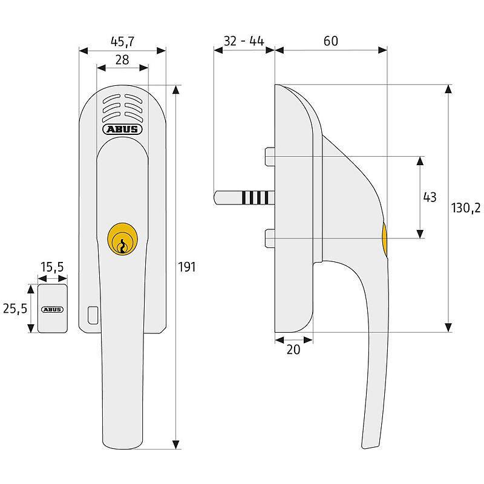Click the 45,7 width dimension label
tap(123, 42)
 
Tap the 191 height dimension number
tap(187, 267)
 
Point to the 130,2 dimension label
tap(466, 208)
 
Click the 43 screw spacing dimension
tap(430, 197)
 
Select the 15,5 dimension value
tap(52, 267)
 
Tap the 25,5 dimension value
tap(15, 309)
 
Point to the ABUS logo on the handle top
tap(122, 129)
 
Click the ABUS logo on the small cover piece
tap(52, 309)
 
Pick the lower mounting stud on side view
tap(270, 238)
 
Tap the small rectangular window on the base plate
tap(92, 315)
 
